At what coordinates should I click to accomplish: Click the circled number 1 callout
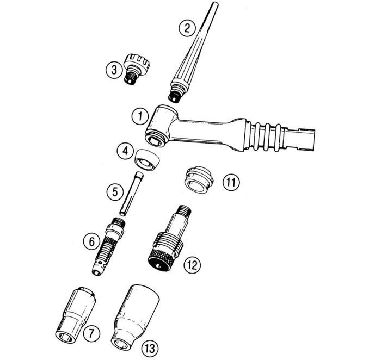click(x=140, y=116)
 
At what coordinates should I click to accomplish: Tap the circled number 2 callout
click(x=187, y=28)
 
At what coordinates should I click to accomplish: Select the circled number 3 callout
click(x=114, y=70)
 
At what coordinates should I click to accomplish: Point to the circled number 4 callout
click(x=125, y=151)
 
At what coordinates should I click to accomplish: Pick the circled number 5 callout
click(x=115, y=192)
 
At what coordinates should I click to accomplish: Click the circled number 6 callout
click(x=91, y=241)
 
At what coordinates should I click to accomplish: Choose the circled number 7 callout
click(x=91, y=333)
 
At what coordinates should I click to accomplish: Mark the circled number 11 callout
click(x=231, y=182)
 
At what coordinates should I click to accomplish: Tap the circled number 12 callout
click(x=192, y=265)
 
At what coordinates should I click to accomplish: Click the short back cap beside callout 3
click(x=137, y=69)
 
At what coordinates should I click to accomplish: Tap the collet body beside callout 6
click(x=109, y=246)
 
